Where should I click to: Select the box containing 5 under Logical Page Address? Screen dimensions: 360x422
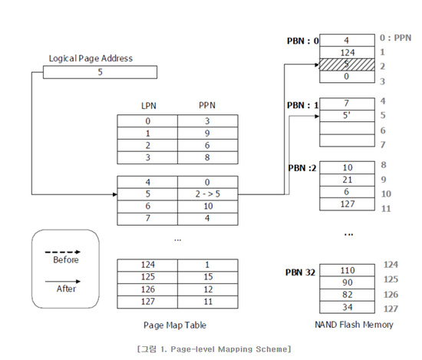[100, 72]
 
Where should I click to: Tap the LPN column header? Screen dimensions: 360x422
[147, 106]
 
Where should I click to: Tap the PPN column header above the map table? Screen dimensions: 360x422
[207, 106]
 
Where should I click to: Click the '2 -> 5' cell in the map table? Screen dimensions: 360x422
[207, 194]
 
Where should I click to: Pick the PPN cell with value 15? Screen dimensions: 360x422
[207, 276]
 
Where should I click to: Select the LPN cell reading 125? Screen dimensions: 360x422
[147, 276]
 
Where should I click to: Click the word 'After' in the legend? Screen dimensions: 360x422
[65, 290]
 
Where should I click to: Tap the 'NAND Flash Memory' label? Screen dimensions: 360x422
[354, 325]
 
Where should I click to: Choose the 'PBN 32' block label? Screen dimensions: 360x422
[300, 272]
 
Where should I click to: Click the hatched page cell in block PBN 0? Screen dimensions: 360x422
[346, 66]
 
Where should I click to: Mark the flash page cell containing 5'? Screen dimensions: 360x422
[346, 116]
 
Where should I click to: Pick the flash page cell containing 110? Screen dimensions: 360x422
[346, 270]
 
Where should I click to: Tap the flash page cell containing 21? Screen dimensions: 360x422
[346, 179]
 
